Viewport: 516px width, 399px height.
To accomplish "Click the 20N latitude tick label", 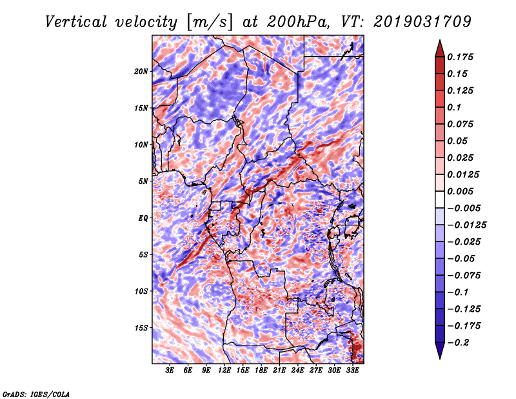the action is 141,72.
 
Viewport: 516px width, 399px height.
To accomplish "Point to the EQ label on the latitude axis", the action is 143,218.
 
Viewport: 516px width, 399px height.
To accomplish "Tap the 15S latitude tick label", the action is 141,328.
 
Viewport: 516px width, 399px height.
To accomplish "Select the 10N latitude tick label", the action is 141,145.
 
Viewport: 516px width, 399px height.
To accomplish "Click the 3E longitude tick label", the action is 170,371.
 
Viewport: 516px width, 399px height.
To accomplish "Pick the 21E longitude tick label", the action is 279,371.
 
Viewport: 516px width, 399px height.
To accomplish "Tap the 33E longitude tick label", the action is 352,371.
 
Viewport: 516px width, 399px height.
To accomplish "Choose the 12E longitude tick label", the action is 224,371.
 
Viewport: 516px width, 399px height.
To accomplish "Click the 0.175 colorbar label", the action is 460,57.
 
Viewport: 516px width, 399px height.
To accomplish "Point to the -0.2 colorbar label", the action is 457,343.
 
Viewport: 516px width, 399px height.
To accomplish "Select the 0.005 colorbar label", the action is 460,191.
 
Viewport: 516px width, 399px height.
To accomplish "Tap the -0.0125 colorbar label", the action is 466,225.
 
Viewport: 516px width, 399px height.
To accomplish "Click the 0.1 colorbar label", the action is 454,107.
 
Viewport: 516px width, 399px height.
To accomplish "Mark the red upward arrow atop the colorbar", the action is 440,48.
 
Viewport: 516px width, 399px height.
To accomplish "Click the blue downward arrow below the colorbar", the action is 440,351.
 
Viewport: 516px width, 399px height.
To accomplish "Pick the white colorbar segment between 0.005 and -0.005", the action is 440,200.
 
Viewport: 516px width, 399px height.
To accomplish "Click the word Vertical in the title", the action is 76,22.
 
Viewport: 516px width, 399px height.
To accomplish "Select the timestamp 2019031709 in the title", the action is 422,22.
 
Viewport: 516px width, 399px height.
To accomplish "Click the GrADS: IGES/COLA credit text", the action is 36,394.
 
